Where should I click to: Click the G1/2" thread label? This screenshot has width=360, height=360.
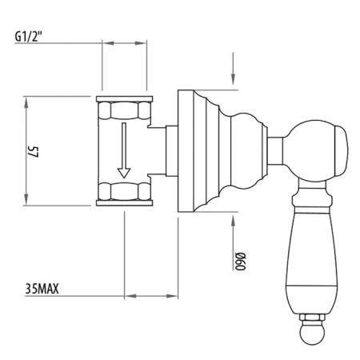point(29,37)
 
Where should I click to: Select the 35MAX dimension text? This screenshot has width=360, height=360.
point(42,289)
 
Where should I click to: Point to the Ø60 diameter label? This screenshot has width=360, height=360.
point(240,261)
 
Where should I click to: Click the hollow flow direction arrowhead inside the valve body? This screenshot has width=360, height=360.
point(124,173)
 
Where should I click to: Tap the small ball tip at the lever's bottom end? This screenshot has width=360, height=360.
point(312,332)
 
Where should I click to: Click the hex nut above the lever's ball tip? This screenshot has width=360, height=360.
point(312,318)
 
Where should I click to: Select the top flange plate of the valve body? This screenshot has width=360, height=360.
point(124,99)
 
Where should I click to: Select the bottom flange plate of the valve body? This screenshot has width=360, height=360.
point(124,203)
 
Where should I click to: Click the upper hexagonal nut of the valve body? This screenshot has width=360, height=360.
point(124,110)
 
